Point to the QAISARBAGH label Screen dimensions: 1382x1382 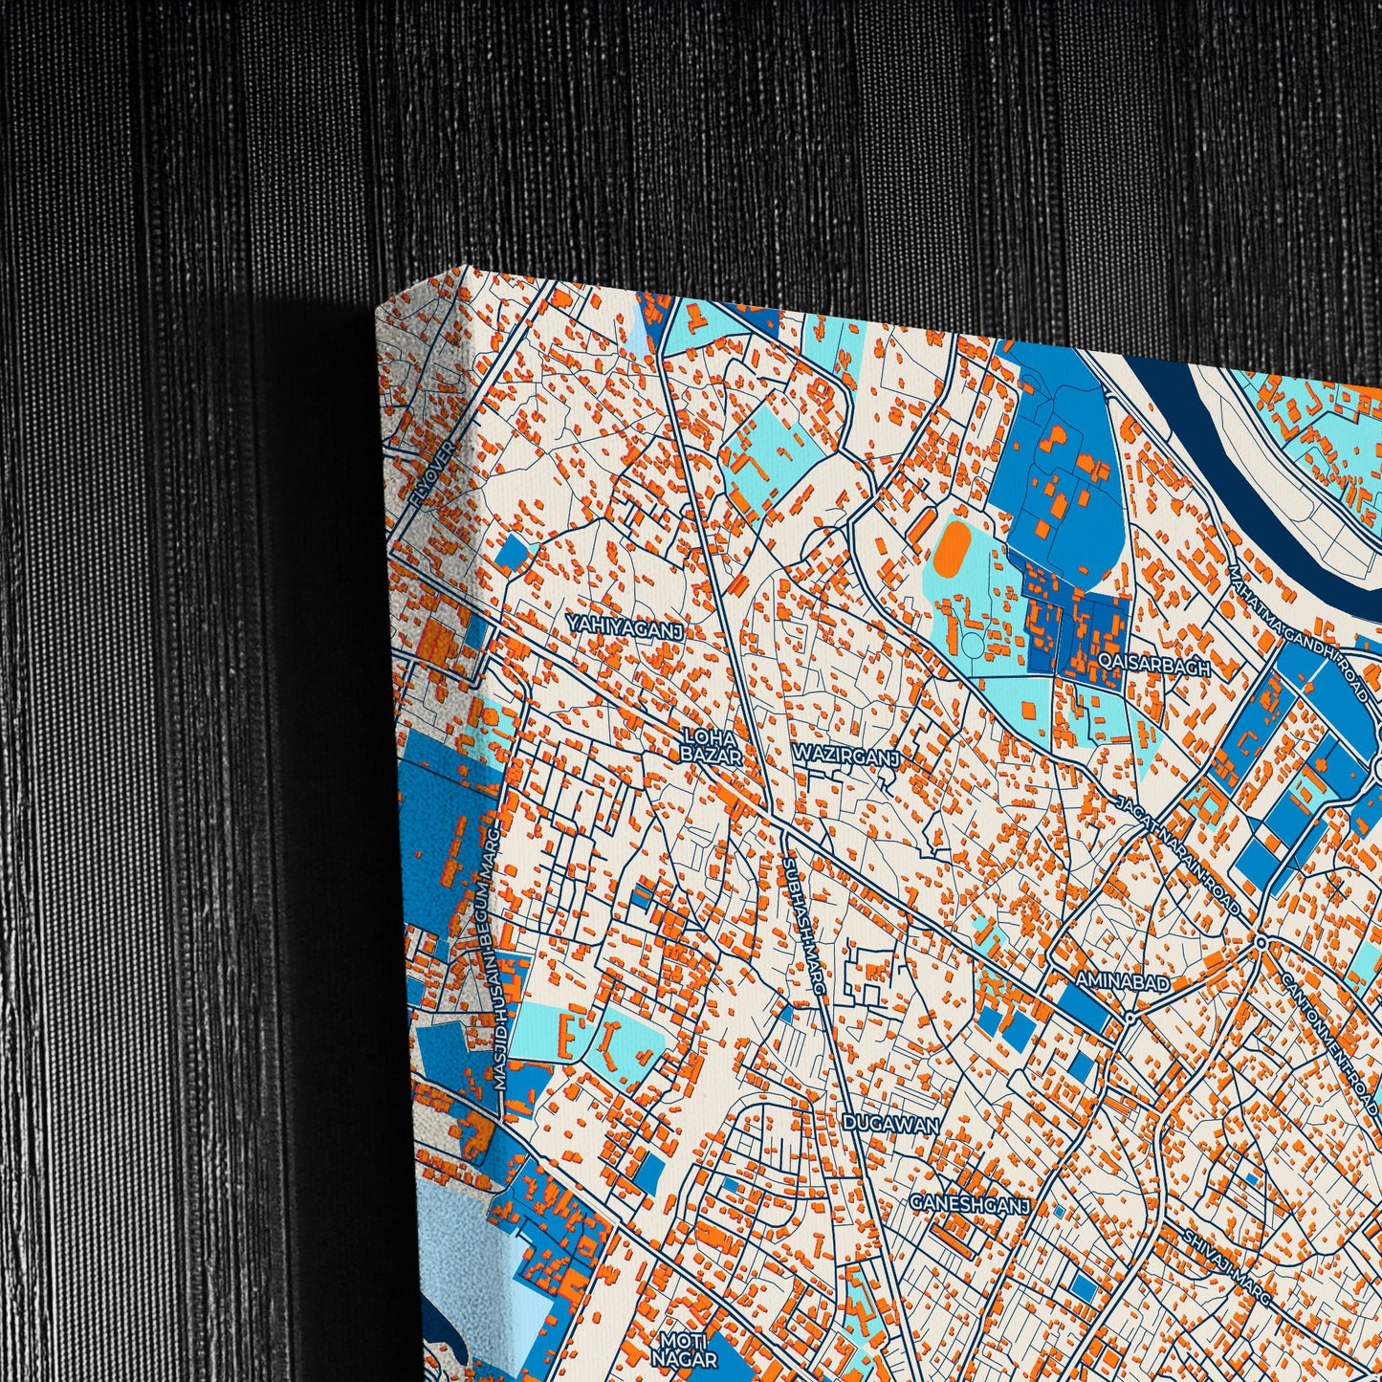coord(1154,666)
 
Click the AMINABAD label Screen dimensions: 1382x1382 coord(1122,982)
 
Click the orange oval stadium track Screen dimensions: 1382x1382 coord(951,549)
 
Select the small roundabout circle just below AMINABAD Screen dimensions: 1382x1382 coord(1130,1019)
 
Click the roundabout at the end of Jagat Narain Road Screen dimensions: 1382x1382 coord(1261,943)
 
